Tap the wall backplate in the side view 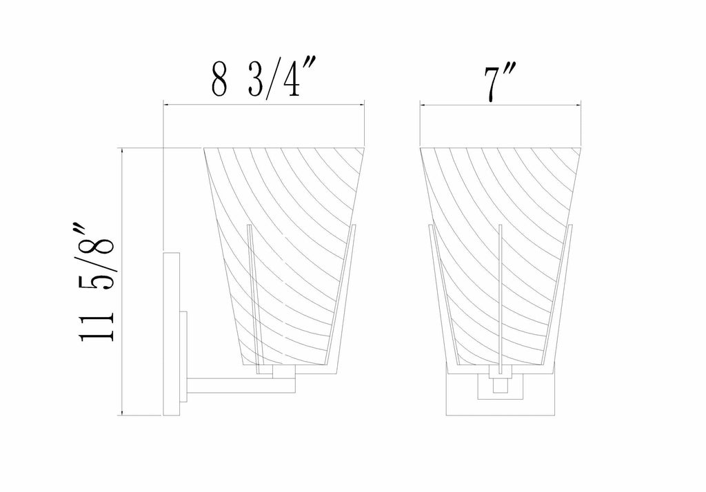[x=171, y=334]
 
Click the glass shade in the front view [x=501, y=256]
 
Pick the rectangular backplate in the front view [x=501, y=390]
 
